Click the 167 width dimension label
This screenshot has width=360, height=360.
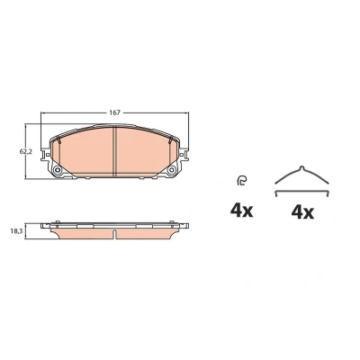(x=114, y=112)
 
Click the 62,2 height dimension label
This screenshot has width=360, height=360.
(x=25, y=152)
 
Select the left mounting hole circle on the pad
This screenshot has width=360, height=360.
(x=57, y=170)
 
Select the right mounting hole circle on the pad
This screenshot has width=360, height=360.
(x=172, y=170)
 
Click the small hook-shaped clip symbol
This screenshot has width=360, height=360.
(x=241, y=181)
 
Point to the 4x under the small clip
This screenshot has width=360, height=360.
(x=241, y=211)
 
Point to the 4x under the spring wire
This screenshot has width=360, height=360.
(x=302, y=212)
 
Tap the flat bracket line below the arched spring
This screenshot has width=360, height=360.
(x=302, y=192)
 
